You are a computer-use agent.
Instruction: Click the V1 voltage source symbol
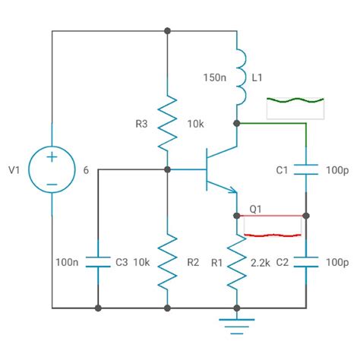pyautogui.click(x=52, y=170)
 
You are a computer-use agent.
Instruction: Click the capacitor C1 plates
pyautogui.click(x=306, y=171)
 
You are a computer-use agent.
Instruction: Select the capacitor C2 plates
pyautogui.click(x=306, y=261)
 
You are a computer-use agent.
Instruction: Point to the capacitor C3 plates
pyautogui.click(x=98, y=261)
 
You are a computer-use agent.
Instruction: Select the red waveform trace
pyautogui.click(x=272, y=226)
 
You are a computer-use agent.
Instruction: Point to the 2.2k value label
pyautogui.click(x=264, y=262)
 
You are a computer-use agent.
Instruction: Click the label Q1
pyautogui.click(x=256, y=207)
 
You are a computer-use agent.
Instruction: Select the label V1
pyautogui.click(x=13, y=171)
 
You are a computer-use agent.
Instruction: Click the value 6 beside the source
pyautogui.click(x=86, y=171)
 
